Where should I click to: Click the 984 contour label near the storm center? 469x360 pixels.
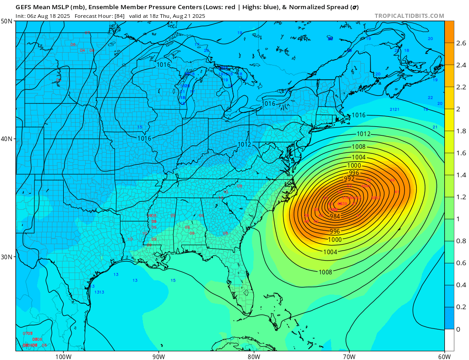(335, 216)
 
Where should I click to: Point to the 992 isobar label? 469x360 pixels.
(349, 179)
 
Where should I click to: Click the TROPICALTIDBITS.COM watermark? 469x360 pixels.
(409, 16)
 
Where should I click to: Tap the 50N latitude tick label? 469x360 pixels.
(7, 22)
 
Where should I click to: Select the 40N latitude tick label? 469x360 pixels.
(7, 139)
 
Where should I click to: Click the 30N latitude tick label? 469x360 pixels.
(7, 256)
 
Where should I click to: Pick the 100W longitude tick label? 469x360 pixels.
(63, 356)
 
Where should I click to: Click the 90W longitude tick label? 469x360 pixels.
(158, 356)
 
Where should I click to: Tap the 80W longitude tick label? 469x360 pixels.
(254, 356)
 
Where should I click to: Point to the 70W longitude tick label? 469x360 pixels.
(349, 356)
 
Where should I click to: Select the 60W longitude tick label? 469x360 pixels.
(444, 356)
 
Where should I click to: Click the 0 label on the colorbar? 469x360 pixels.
(458, 329)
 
